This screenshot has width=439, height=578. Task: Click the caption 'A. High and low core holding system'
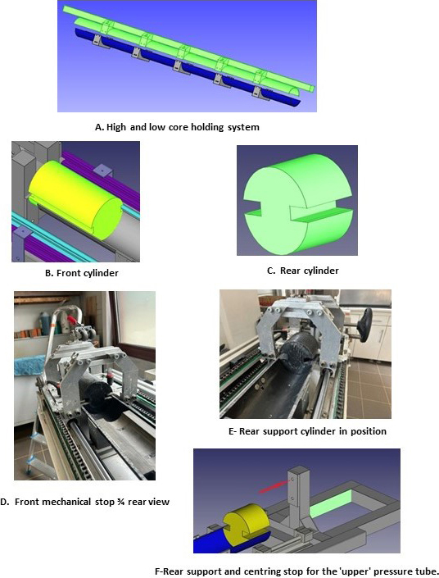(x=177, y=127)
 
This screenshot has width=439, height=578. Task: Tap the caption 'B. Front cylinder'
(x=81, y=273)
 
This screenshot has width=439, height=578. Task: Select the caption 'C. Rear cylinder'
(x=303, y=271)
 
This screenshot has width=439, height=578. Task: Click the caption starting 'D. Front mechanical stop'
(x=84, y=502)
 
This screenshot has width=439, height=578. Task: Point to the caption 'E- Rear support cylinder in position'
(x=307, y=431)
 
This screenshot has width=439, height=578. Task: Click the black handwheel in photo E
(x=367, y=321)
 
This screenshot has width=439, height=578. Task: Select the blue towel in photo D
(x=30, y=365)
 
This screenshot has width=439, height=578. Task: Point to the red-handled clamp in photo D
(x=73, y=321)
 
